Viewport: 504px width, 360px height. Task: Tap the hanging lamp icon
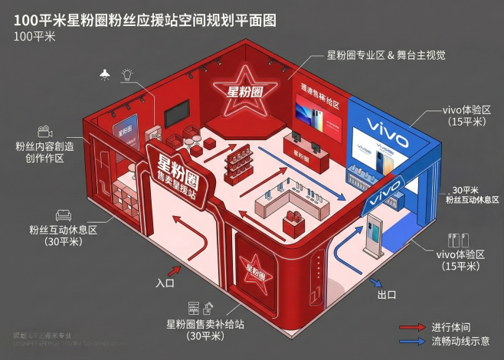pos(105,74)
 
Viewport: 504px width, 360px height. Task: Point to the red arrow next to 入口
pos(175,270)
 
